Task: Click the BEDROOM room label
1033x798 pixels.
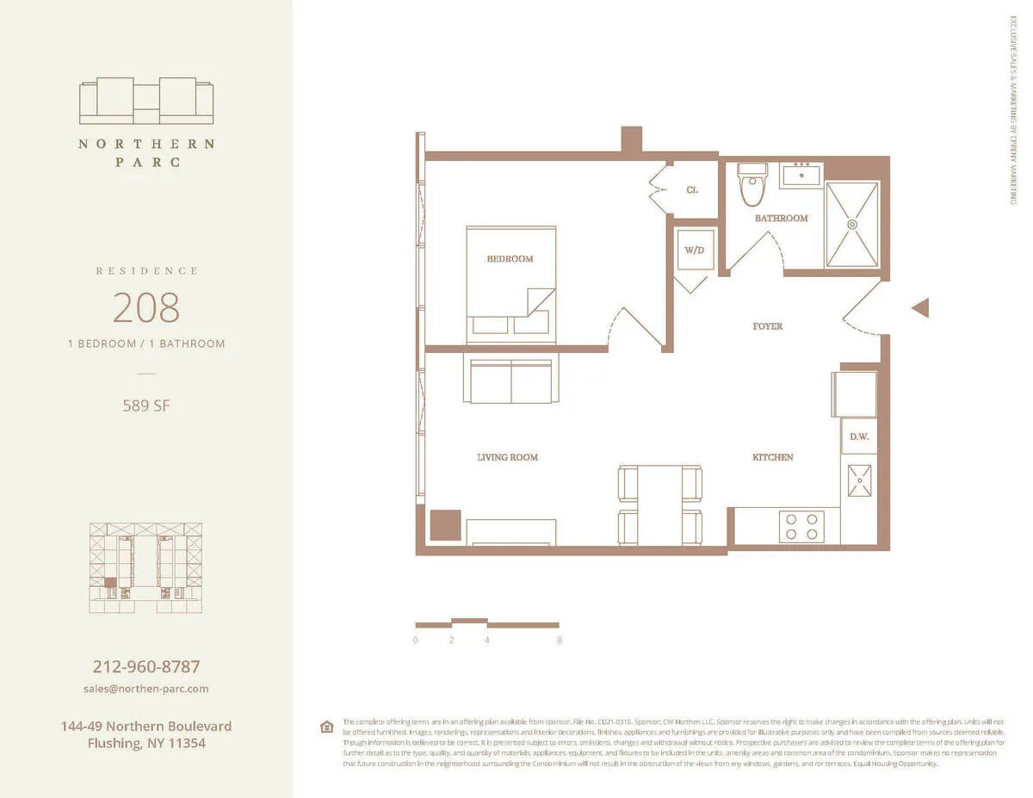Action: (x=510, y=259)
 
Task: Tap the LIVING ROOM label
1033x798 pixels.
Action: (x=507, y=457)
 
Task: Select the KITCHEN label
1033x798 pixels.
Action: (x=772, y=457)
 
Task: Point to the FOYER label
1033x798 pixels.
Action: (x=767, y=326)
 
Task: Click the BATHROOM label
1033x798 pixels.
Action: (x=781, y=219)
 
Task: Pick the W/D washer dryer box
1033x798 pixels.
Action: (x=694, y=250)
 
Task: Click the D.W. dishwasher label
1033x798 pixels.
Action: (x=858, y=436)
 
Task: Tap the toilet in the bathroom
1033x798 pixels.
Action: (x=752, y=186)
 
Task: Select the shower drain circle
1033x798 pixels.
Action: (x=852, y=225)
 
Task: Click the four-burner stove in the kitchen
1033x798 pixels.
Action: (x=801, y=526)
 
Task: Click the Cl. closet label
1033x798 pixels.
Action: (x=691, y=190)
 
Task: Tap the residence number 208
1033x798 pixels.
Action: (x=146, y=306)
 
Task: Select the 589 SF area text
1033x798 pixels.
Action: (x=146, y=405)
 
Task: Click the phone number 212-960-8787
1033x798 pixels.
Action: (x=146, y=666)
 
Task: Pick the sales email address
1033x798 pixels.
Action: (x=146, y=689)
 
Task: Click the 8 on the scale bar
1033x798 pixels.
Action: (x=560, y=640)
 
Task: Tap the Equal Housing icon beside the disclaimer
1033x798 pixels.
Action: (x=326, y=727)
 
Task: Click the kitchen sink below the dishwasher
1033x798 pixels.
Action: (x=858, y=480)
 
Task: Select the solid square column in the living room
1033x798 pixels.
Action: (x=445, y=524)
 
